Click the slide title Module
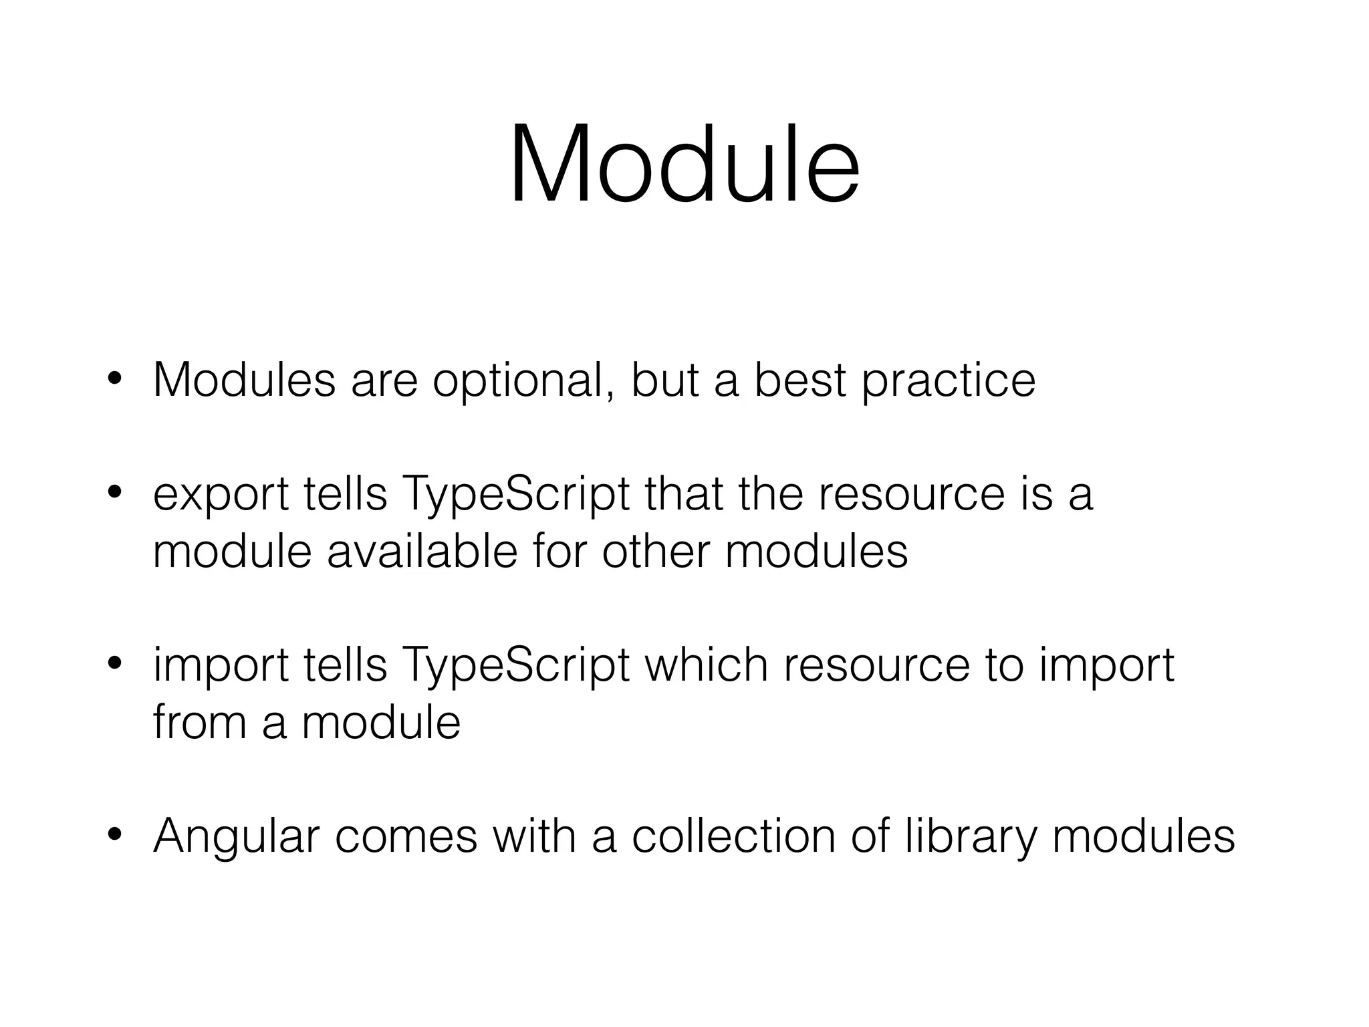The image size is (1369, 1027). [x=684, y=164]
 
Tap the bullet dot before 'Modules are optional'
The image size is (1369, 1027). [x=115, y=379]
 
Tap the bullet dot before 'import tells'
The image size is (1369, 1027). [x=115, y=665]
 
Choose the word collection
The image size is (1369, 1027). [x=734, y=836]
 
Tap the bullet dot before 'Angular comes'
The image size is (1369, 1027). [x=115, y=835]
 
